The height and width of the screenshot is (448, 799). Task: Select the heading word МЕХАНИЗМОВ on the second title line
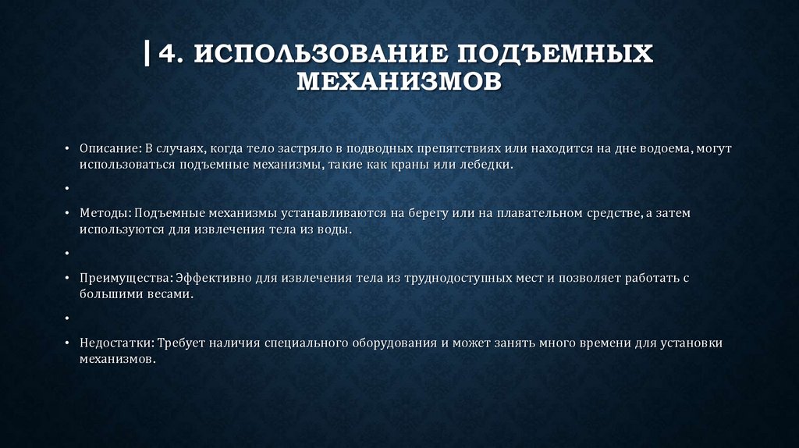click(x=399, y=80)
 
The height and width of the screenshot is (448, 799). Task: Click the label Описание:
click(x=108, y=148)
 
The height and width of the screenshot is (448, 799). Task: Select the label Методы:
click(x=105, y=213)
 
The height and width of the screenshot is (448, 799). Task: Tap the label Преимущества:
click(x=126, y=278)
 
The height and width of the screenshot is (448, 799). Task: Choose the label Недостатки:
click(x=115, y=343)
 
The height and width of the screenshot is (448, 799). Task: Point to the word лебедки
click(x=492, y=165)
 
